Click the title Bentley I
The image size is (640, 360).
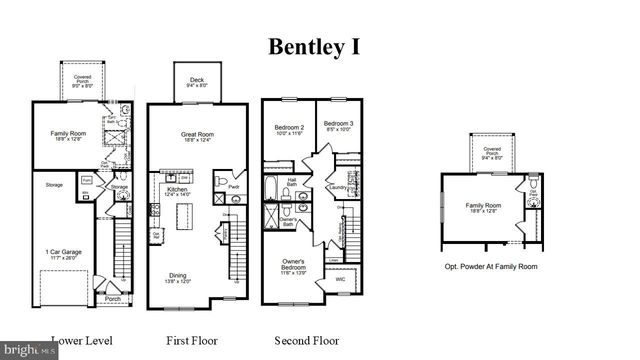tap(313, 46)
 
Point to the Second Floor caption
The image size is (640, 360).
tap(306, 341)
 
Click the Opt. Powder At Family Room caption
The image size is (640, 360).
tap(491, 267)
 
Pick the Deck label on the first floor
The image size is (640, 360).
tap(197, 80)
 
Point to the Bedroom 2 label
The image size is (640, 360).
tap(289, 129)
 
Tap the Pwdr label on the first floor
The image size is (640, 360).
tap(232, 186)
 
